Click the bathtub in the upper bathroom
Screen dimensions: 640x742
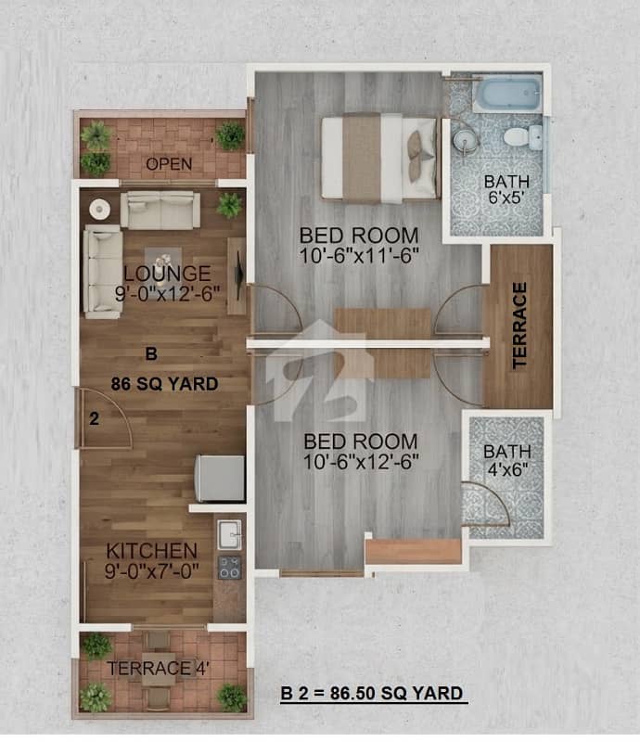pyautogui.click(x=507, y=94)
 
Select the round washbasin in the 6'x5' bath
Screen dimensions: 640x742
pyautogui.click(x=465, y=139)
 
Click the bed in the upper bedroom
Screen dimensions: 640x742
pyautogui.click(x=379, y=158)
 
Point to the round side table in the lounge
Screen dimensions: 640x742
pyautogui.click(x=100, y=209)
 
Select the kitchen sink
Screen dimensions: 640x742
pyautogui.click(x=230, y=535)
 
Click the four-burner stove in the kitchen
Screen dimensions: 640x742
pyautogui.click(x=230, y=568)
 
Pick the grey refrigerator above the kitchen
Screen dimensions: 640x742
pyautogui.click(x=220, y=478)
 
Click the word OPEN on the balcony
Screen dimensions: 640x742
pyautogui.click(x=169, y=164)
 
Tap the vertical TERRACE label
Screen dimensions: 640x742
pyautogui.click(x=519, y=326)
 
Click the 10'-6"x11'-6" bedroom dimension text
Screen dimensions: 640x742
pyautogui.click(x=359, y=256)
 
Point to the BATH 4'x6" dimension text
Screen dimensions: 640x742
pyautogui.click(x=507, y=460)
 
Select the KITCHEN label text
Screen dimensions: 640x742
pyautogui.click(x=151, y=551)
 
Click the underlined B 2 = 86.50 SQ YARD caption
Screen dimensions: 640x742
pyautogui.click(x=372, y=693)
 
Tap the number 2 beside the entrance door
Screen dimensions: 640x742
pyautogui.click(x=95, y=418)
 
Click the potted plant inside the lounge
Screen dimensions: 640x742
pyautogui.click(x=230, y=205)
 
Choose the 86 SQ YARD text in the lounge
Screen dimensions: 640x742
pyautogui.click(x=164, y=384)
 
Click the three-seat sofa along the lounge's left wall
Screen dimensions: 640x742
pyautogui.click(x=103, y=271)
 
